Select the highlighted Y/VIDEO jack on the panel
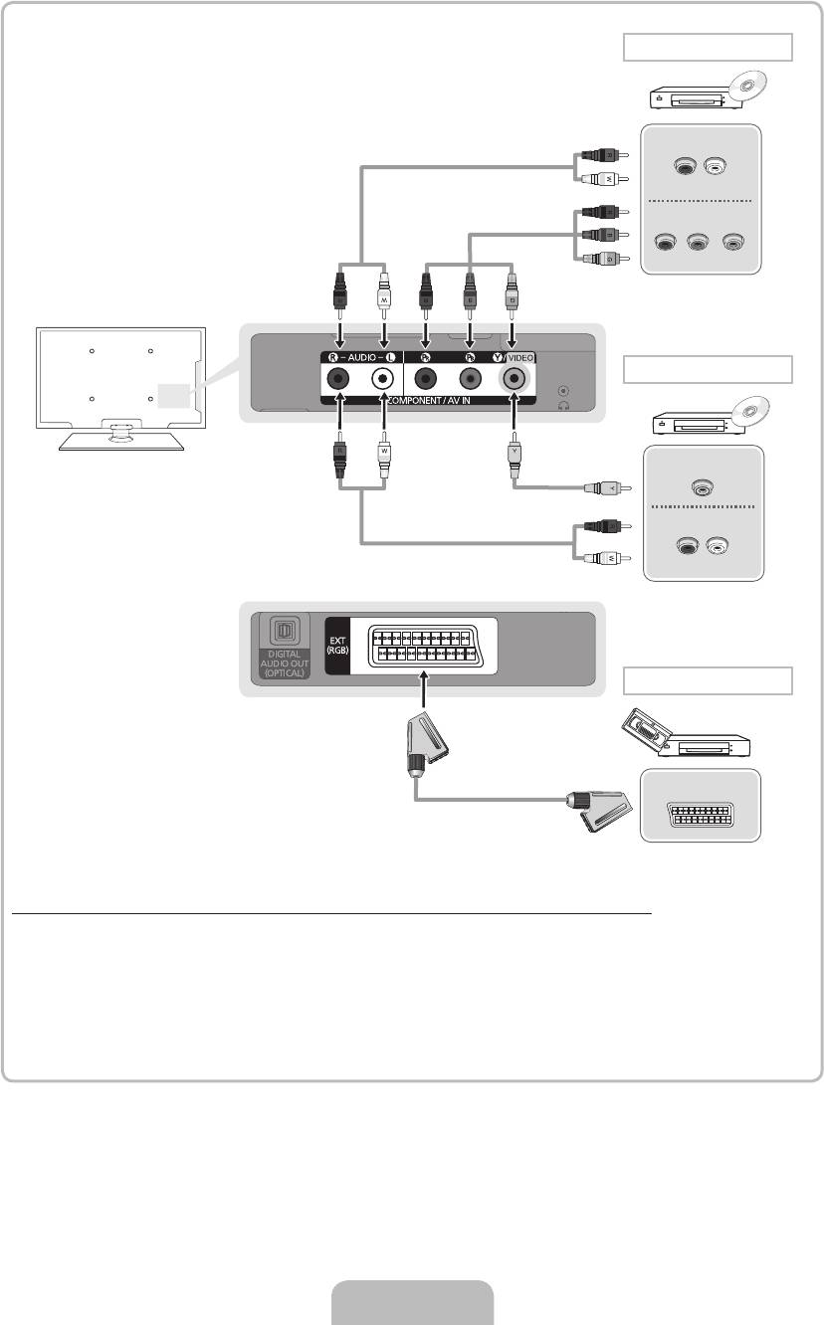pos(515,379)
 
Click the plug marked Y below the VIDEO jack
pos(515,462)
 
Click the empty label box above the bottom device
pos(708,681)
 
